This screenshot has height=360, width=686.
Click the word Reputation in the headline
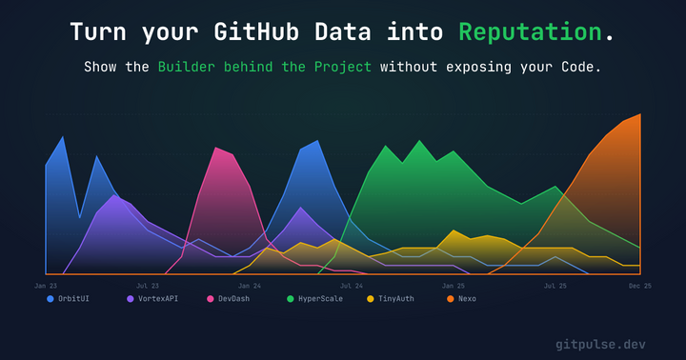pyautogui.click(x=531, y=31)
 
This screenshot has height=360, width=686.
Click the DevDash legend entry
pyautogui.click(x=234, y=299)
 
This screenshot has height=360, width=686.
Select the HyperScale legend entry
pyautogui.click(x=319, y=299)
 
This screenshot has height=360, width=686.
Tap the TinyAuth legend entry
pyautogui.click(x=395, y=299)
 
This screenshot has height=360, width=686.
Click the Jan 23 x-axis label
pyautogui.click(x=46, y=285)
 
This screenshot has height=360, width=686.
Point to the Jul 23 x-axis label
pyautogui.click(x=148, y=285)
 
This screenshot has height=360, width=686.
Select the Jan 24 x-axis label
pyautogui.click(x=250, y=285)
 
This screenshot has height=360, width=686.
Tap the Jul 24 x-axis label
pyautogui.click(x=352, y=285)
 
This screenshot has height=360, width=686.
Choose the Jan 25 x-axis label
pyautogui.click(x=454, y=285)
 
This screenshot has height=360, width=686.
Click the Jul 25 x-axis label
pyautogui.click(x=555, y=285)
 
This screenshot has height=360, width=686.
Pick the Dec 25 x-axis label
pyautogui.click(x=639, y=285)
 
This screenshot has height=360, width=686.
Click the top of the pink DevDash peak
pyautogui.click(x=216, y=148)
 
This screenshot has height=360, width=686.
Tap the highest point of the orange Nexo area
pyautogui.click(x=639, y=114)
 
